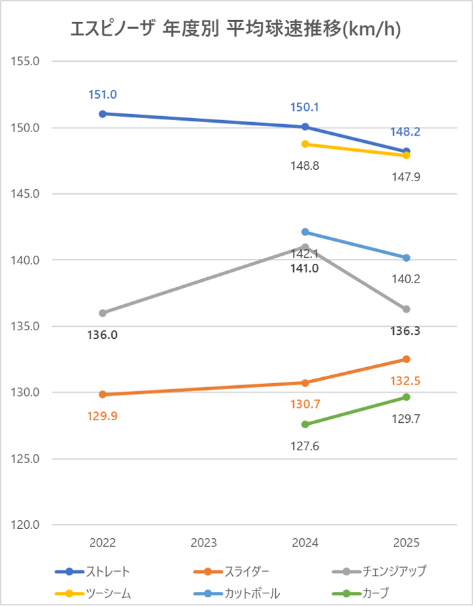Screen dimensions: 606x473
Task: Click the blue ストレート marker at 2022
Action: (103, 114)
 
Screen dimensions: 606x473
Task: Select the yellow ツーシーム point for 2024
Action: (305, 144)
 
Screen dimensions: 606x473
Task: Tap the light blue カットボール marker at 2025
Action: (407, 258)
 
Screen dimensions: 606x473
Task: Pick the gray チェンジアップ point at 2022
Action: (103, 313)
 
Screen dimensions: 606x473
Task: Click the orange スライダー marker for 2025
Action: (407, 359)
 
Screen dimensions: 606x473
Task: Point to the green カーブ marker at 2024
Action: (305, 424)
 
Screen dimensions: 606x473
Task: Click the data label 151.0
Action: (103, 95)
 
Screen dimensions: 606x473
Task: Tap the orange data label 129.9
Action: (103, 416)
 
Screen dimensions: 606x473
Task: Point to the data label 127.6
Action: (305, 444)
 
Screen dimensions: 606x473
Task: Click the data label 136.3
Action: (407, 331)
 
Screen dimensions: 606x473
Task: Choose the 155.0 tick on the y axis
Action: (27, 61)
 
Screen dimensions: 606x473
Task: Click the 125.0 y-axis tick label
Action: (27, 459)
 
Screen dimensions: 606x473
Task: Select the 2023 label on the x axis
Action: (204, 543)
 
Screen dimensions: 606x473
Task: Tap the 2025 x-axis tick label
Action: (407, 543)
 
